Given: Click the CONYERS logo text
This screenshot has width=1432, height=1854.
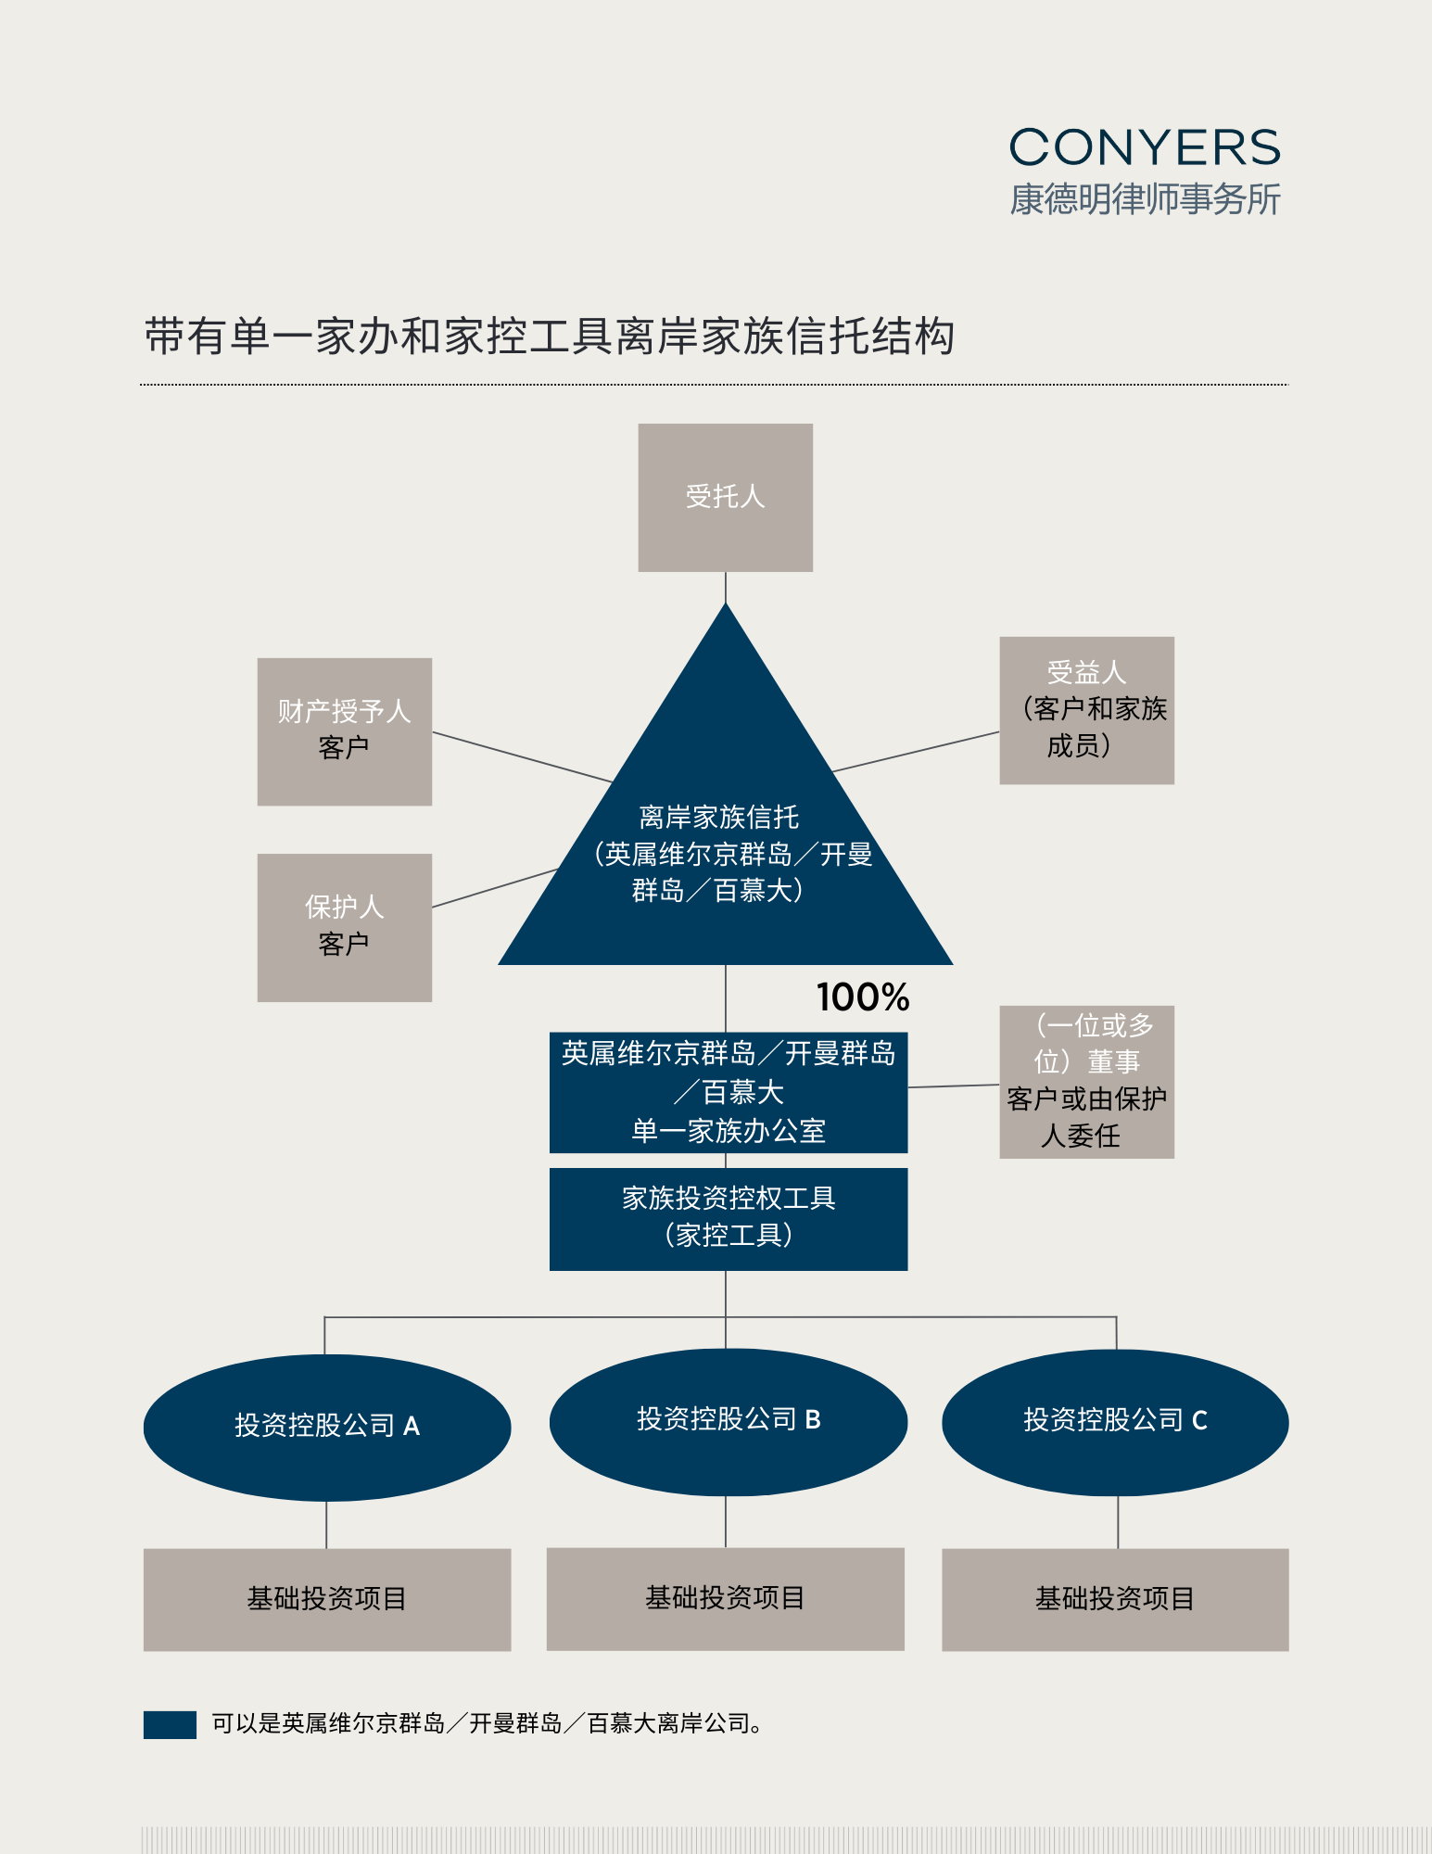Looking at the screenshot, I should [x=1145, y=148].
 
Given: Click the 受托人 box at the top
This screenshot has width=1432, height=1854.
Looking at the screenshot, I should [x=725, y=498].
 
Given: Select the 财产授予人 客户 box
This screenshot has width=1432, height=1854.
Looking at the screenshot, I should [x=344, y=731].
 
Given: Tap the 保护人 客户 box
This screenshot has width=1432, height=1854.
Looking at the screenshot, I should [x=344, y=927].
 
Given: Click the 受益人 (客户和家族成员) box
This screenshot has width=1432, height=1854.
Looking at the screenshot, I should [x=1086, y=710].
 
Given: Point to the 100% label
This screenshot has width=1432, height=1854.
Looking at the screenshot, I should [x=863, y=997].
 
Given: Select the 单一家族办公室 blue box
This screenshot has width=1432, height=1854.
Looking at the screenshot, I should [x=728, y=1092].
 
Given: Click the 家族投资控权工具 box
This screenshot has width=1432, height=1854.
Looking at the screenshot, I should [x=728, y=1218].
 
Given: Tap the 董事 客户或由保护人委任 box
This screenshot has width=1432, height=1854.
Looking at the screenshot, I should [x=1086, y=1082].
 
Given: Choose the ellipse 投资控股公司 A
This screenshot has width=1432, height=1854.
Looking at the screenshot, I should [x=326, y=1427].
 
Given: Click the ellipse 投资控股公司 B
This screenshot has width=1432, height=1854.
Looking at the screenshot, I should [x=728, y=1421].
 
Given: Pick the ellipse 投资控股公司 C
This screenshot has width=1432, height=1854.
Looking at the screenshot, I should [x=1115, y=1421].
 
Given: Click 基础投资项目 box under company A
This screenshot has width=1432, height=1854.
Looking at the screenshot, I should [x=326, y=1599].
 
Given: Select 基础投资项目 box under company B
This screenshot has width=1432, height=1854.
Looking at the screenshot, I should [x=725, y=1598].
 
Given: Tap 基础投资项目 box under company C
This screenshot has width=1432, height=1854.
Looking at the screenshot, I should [x=1115, y=1599].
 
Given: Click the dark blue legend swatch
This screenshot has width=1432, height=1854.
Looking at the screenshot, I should [x=170, y=1724].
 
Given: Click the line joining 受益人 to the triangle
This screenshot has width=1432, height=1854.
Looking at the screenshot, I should [x=916, y=752].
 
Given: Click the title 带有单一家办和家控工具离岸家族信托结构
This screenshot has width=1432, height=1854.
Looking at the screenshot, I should [x=550, y=337].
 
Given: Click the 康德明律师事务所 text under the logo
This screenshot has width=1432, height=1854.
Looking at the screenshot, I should [x=1145, y=199].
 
